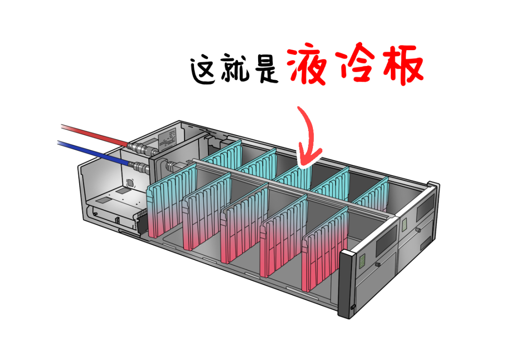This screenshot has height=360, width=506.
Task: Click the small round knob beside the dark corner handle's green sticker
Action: click(x=378, y=265)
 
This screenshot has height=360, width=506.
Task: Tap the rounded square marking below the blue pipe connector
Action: click(x=130, y=183)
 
